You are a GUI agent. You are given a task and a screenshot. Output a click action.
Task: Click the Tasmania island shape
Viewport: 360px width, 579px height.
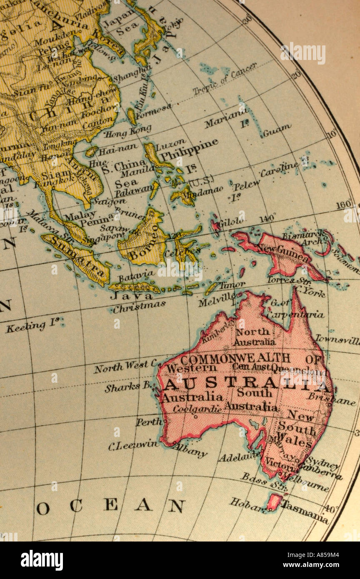coord(274,502)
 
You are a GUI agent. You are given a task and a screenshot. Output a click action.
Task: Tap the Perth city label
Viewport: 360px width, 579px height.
coord(149,422)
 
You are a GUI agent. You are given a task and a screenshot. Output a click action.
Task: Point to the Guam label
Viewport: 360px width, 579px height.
coord(277,130)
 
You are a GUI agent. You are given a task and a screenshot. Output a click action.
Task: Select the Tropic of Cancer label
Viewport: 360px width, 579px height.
coord(225,79)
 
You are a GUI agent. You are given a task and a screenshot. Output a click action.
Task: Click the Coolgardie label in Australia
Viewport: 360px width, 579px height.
coord(197,409)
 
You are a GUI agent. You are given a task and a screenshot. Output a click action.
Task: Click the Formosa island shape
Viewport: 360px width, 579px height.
coord(132,117)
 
